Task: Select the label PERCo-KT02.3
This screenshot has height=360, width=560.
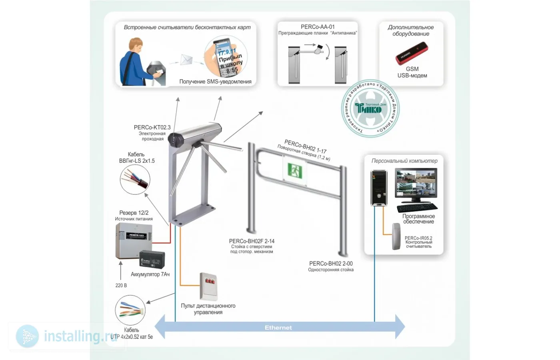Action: (152, 127)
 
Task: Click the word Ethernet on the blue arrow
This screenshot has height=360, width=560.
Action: (278, 328)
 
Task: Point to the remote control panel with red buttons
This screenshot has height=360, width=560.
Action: (208, 286)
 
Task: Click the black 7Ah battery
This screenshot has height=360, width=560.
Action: (152, 259)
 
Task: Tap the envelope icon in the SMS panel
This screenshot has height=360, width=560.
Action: (186, 60)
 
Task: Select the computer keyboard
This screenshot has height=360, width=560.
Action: (417, 208)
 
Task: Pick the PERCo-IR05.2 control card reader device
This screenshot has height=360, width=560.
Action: (396, 236)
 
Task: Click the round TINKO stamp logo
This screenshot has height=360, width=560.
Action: (370, 108)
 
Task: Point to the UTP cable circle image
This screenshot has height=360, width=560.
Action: (130, 310)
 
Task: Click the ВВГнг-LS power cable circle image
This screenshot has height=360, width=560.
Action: (135, 180)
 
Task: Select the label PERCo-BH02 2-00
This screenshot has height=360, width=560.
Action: (331, 264)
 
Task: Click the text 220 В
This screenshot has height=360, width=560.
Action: (121, 285)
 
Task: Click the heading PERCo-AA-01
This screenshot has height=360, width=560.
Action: (318, 27)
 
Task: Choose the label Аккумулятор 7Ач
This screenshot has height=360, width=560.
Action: (150, 274)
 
